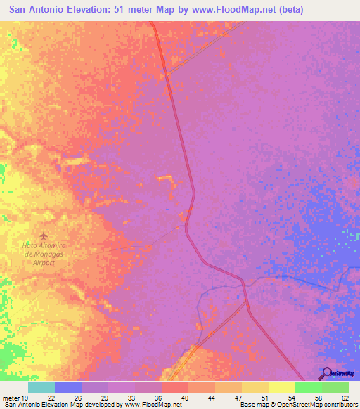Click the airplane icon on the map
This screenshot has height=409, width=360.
point(44,233)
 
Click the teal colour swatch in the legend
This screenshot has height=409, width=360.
point(41,387)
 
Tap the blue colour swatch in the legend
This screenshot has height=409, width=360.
point(68,387)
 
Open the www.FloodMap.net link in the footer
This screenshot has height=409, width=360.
point(153,405)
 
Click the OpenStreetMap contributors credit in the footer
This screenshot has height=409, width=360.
point(316,405)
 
